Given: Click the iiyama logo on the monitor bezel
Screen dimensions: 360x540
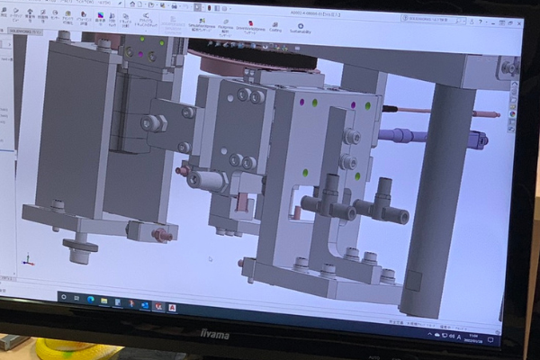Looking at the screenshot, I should point(213,335).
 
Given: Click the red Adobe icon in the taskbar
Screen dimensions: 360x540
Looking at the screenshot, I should point(172,307).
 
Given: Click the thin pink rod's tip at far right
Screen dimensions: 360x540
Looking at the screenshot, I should point(494,115).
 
